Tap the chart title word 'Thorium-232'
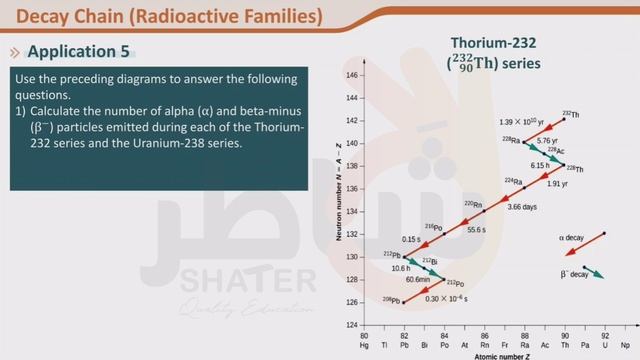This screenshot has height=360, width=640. coord(495,43)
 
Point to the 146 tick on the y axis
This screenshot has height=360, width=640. coord(351,75)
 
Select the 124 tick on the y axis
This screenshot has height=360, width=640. coord(351,325)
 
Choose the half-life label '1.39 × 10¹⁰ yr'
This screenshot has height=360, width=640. coord(519,121)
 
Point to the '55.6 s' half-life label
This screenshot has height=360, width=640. coord(477,230)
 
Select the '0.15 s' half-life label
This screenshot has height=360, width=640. coord(411,240)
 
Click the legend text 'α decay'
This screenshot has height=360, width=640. coord(572,238)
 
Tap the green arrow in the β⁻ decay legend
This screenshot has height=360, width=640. coord(593,271)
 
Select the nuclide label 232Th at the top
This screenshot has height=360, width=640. coord(570,115)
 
